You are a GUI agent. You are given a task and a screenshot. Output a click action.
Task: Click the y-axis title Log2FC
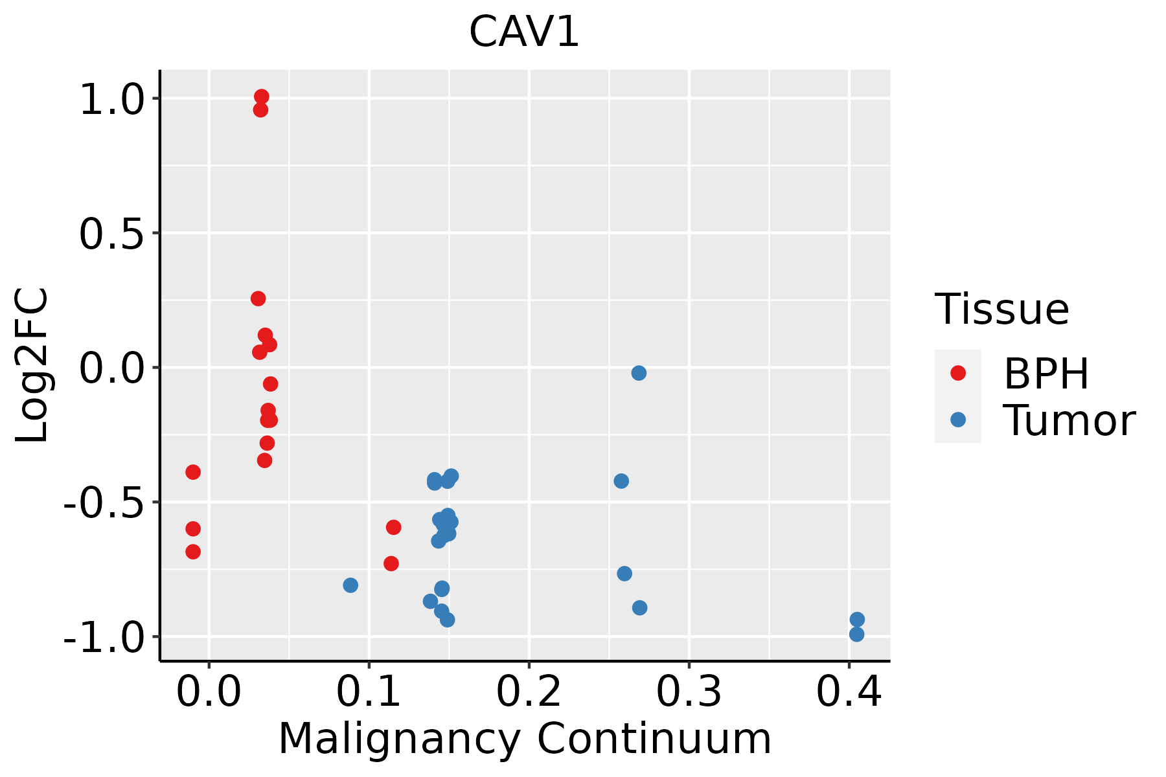(32, 366)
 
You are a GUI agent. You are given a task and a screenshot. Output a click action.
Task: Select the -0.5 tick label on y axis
(102, 502)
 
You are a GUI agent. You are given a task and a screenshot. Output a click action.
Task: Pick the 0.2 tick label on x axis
(529, 692)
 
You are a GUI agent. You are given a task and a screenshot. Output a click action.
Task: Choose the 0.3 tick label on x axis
(689, 692)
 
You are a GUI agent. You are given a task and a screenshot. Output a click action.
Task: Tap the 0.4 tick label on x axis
(849, 692)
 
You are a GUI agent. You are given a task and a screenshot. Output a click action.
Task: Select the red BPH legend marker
(957, 373)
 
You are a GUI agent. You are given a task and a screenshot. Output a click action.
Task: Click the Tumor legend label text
(1069, 421)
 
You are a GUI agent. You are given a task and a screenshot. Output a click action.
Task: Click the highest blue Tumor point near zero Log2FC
(639, 373)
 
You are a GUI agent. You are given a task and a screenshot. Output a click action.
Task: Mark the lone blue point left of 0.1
(350, 585)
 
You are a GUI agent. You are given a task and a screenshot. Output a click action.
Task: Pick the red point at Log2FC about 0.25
(258, 298)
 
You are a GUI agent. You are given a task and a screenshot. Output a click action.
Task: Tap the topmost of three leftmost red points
(193, 472)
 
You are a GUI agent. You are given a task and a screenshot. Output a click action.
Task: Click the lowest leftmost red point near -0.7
(193, 552)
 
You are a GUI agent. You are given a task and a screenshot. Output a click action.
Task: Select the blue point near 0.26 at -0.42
(621, 481)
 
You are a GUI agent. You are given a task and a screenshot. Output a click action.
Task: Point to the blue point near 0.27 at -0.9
(639, 607)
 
